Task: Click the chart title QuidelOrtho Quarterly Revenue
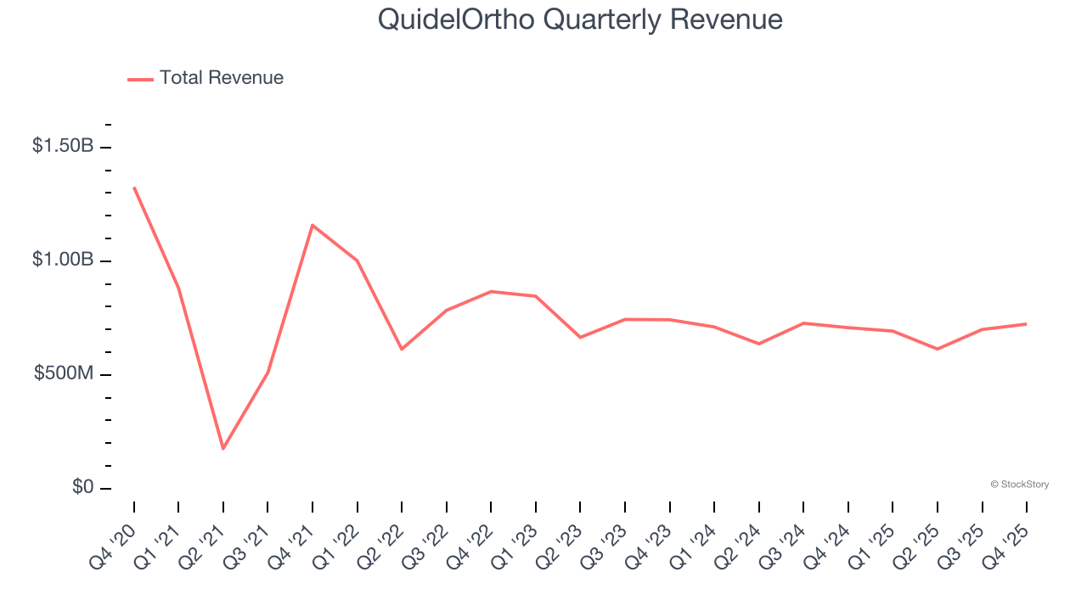point(580,19)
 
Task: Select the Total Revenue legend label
point(221,78)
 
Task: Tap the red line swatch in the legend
point(140,79)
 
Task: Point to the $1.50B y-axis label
point(63,146)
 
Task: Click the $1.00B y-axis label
point(63,260)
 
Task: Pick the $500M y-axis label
point(64,373)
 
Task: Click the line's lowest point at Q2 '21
point(223,448)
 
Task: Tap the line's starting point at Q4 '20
point(134,188)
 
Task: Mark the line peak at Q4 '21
point(313,225)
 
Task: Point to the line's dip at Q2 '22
point(402,349)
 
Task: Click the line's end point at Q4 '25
point(1027,323)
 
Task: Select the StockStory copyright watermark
point(1019,485)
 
